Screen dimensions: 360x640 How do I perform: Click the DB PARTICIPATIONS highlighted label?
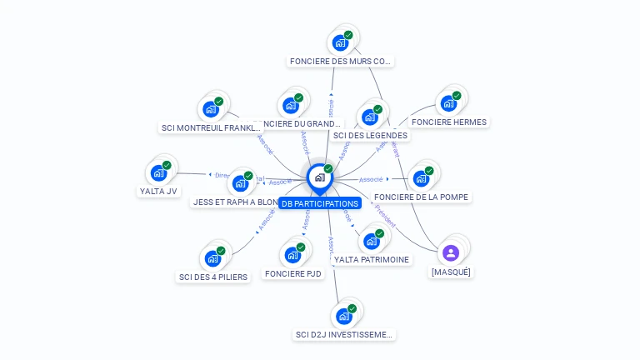click(x=320, y=203)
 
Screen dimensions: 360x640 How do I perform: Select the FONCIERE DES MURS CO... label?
click(x=340, y=61)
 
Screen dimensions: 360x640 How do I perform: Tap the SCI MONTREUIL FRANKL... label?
click(x=211, y=127)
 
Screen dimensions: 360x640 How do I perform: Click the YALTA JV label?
click(x=158, y=191)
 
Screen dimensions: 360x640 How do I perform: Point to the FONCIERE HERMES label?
click(x=449, y=122)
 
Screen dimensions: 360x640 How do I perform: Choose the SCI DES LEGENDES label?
click(x=370, y=135)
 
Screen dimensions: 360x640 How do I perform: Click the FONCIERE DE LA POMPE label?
click(x=422, y=197)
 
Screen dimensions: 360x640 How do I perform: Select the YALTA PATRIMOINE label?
click(x=372, y=259)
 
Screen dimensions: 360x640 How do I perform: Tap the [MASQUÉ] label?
click(x=451, y=272)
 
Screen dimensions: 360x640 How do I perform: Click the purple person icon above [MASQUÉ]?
click(x=451, y=252)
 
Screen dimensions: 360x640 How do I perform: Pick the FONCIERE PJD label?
click(x=292, y=273)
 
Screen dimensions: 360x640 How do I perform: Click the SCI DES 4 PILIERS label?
click(x=213, y=277)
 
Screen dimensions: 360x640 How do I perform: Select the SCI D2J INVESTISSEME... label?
click(x=343, y=335)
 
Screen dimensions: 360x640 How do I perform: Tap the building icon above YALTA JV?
click(x=158, y=172)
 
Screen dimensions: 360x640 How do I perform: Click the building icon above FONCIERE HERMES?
click(x=449, y=102)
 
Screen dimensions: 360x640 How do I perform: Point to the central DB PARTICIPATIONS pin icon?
click(x=319, y=177)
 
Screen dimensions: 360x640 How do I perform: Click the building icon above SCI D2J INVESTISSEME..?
click(x=343, y=316)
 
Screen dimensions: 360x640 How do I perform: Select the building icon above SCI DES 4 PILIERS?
click(x=212, y=257)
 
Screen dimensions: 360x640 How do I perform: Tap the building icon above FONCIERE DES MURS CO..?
click(x=340, y=42)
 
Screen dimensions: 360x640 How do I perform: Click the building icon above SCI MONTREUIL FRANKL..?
click(x=211, y=108)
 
